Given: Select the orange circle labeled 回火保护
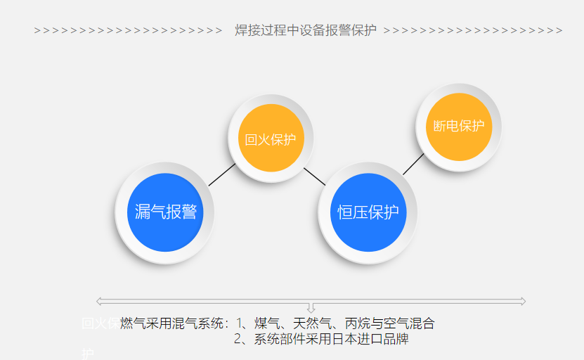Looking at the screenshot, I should coord(271,139).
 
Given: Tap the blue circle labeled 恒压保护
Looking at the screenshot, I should coord(368,212).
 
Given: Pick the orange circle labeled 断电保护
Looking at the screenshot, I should coord(459,127).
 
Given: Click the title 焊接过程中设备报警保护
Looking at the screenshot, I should coord(306,30).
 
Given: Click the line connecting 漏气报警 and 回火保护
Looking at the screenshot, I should coord(222,174).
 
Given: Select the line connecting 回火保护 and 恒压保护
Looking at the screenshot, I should coord(315,176).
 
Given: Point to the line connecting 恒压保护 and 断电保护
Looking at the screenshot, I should coord(413,164).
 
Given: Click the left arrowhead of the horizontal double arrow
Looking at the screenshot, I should coord(99,302).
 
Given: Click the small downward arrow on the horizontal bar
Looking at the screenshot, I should coord(311,308).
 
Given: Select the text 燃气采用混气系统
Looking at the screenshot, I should coord(172,323).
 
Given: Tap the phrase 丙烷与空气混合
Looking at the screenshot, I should coord(390,323).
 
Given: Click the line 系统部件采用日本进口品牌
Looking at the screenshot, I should coord(330,339).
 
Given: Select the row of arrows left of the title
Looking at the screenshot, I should coord(128,30).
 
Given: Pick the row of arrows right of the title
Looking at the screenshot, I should coord(472,30).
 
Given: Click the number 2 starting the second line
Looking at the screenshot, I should coord(238,339).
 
